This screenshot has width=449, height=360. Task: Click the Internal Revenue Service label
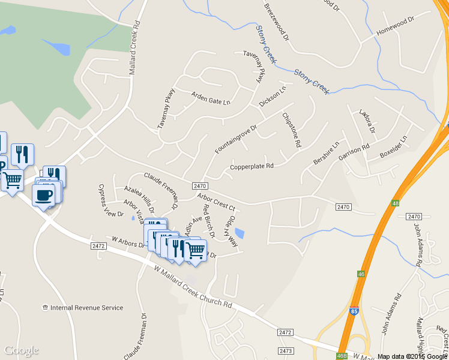[86, 308]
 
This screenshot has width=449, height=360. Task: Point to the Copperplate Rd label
[252, 166]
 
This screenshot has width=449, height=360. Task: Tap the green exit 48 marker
[395, 203]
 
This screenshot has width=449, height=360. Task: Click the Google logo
[21, 350]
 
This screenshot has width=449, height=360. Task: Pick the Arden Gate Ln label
[211, 98]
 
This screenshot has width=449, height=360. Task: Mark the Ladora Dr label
[367, 121]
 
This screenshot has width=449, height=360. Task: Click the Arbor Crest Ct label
[215, 201]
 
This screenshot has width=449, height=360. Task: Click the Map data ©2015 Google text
[412, 356]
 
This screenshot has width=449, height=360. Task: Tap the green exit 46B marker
[343, 356]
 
